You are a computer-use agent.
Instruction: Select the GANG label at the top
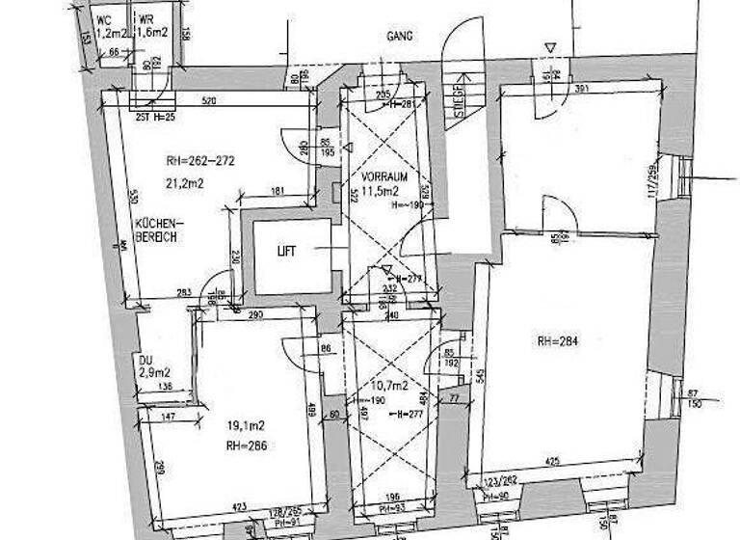[400, 36]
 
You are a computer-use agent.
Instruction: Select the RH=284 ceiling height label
[561, 340]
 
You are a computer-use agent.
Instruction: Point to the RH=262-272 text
[200, 161]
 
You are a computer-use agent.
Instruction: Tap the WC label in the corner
[103, 18]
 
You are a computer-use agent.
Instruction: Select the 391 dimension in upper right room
[582, 89]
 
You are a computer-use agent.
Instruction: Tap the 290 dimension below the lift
[255, 316]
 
